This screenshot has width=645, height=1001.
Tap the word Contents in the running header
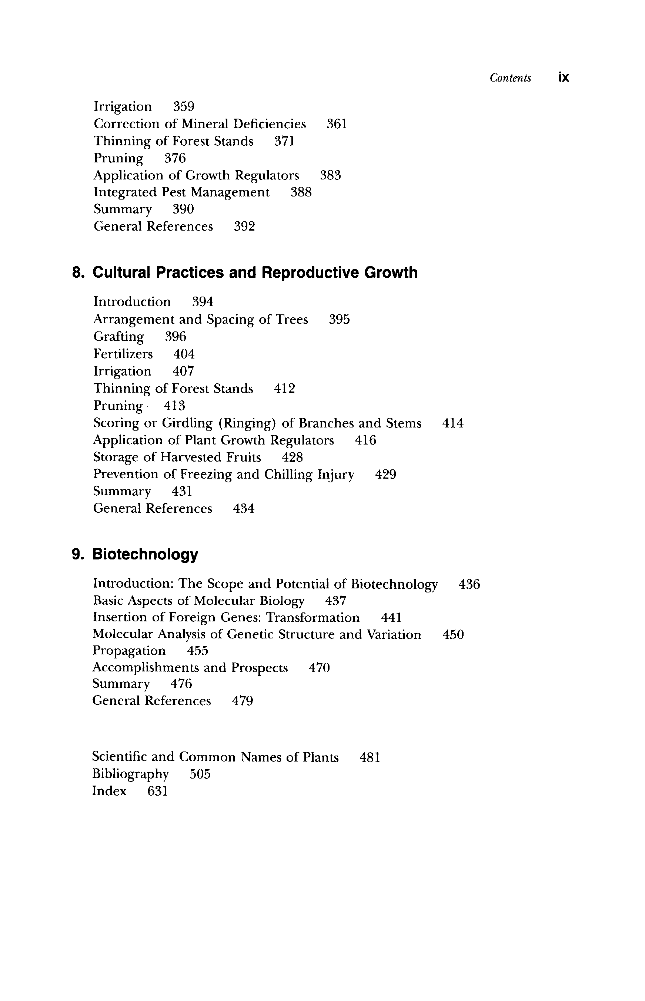pyautogui.click(x=510, y=78)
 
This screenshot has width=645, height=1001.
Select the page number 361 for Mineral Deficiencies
pyautogui.click(x=337, y=124)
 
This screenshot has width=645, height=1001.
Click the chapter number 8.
pyautogui.click(x=78, y=272)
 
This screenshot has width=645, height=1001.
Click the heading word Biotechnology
pyautogui.click(x=145, y=554)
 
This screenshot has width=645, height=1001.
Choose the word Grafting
pyautogui.click(x=118, y=337)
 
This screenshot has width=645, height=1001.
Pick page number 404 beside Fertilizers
pyautogui.click(x=184, y=354)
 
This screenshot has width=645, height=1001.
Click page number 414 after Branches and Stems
pyautogui.click(x=453, y=423)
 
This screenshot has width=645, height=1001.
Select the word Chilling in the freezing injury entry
pyautogui.click(x=290, y=474)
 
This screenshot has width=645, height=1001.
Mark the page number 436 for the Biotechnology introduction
pyautogui.click(x=469, y=584)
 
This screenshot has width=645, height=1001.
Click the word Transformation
pyautogui.click(x=313, y=617)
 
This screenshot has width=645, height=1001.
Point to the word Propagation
pyautogui.click(x=129, y=651)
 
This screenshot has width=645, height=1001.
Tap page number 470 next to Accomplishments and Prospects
pyautogui.click(x=319, y=668)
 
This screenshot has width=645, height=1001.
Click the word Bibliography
pyautogui.click(x=130, y=774)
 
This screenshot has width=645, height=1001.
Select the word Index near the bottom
pyautogui.click(x=109, y=791)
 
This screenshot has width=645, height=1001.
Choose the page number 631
pyautogui.click(x=157, y=791)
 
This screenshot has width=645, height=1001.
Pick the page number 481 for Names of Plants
pyautogui.click(x=370, y=757)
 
